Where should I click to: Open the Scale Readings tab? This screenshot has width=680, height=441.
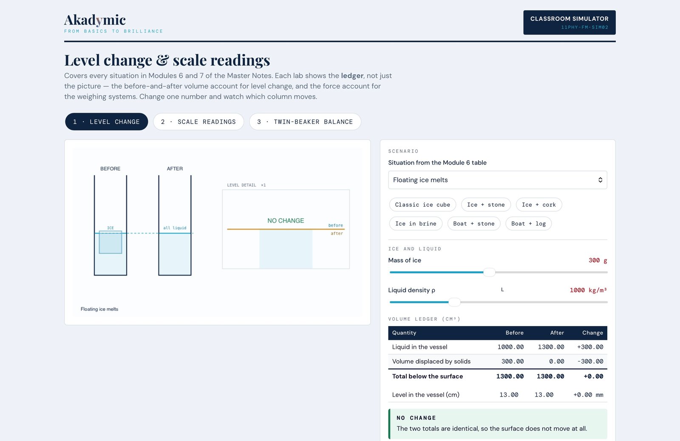198,122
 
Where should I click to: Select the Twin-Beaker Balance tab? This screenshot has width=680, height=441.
305,122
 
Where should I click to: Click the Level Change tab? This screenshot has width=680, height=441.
107,122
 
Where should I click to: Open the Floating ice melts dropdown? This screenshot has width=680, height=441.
498,180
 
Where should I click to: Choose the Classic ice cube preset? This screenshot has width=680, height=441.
422,205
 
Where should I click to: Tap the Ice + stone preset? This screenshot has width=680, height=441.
486,205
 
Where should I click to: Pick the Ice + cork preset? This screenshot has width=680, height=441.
539,205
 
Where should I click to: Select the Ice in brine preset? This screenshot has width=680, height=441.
416,224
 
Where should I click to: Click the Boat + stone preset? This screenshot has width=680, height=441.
474,224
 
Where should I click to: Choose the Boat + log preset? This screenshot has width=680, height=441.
529,224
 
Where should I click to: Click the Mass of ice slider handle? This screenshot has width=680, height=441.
489,272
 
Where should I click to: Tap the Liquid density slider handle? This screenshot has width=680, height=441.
454,302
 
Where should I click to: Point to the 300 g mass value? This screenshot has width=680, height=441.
598,260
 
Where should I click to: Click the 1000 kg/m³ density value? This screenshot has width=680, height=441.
588,290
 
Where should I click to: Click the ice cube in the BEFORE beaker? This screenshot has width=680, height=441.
110,242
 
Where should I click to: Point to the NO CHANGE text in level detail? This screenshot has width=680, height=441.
286,220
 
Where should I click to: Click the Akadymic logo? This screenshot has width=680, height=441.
95,20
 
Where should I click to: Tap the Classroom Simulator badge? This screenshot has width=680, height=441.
569,23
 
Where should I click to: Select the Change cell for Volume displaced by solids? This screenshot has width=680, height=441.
590,361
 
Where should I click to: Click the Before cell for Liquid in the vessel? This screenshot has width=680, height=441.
510,347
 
